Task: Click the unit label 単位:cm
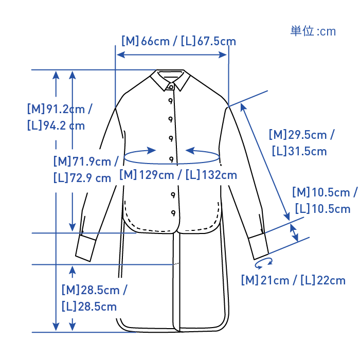[313, 31]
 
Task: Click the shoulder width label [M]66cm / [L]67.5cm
[178, 41]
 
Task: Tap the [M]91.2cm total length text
[60, 109]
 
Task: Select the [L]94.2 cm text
[56, 125]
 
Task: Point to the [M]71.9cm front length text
[86, 161]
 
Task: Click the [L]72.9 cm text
[82, 178]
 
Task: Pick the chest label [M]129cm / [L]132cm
[178, 175]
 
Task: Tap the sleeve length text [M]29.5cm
[301, 135]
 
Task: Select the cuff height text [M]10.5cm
[324, 193]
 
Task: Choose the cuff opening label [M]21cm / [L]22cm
[293, 280]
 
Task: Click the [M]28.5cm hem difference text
[94, 290]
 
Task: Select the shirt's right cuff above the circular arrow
[259, 245]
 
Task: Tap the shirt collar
[171, 79]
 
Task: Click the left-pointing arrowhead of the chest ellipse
[189, 151]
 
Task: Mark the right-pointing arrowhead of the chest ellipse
[152, 151]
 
